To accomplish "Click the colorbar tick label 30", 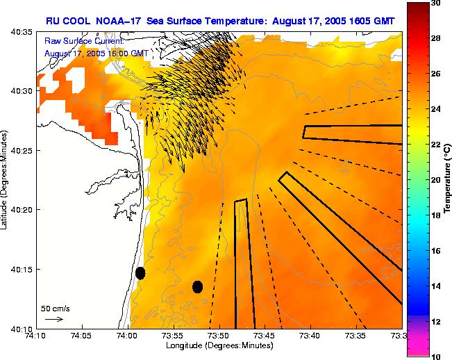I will [435, 3].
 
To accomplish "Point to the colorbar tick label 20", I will [435, 179].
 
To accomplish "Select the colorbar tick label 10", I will [435, 356].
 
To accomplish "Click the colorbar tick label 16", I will [435, 250].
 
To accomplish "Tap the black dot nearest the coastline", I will [140, 273].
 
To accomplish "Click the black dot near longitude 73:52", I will [197, 286].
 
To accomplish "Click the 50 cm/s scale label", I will [55, 308].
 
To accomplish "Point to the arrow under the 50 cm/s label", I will [54, 319].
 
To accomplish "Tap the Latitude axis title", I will [6, 179].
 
